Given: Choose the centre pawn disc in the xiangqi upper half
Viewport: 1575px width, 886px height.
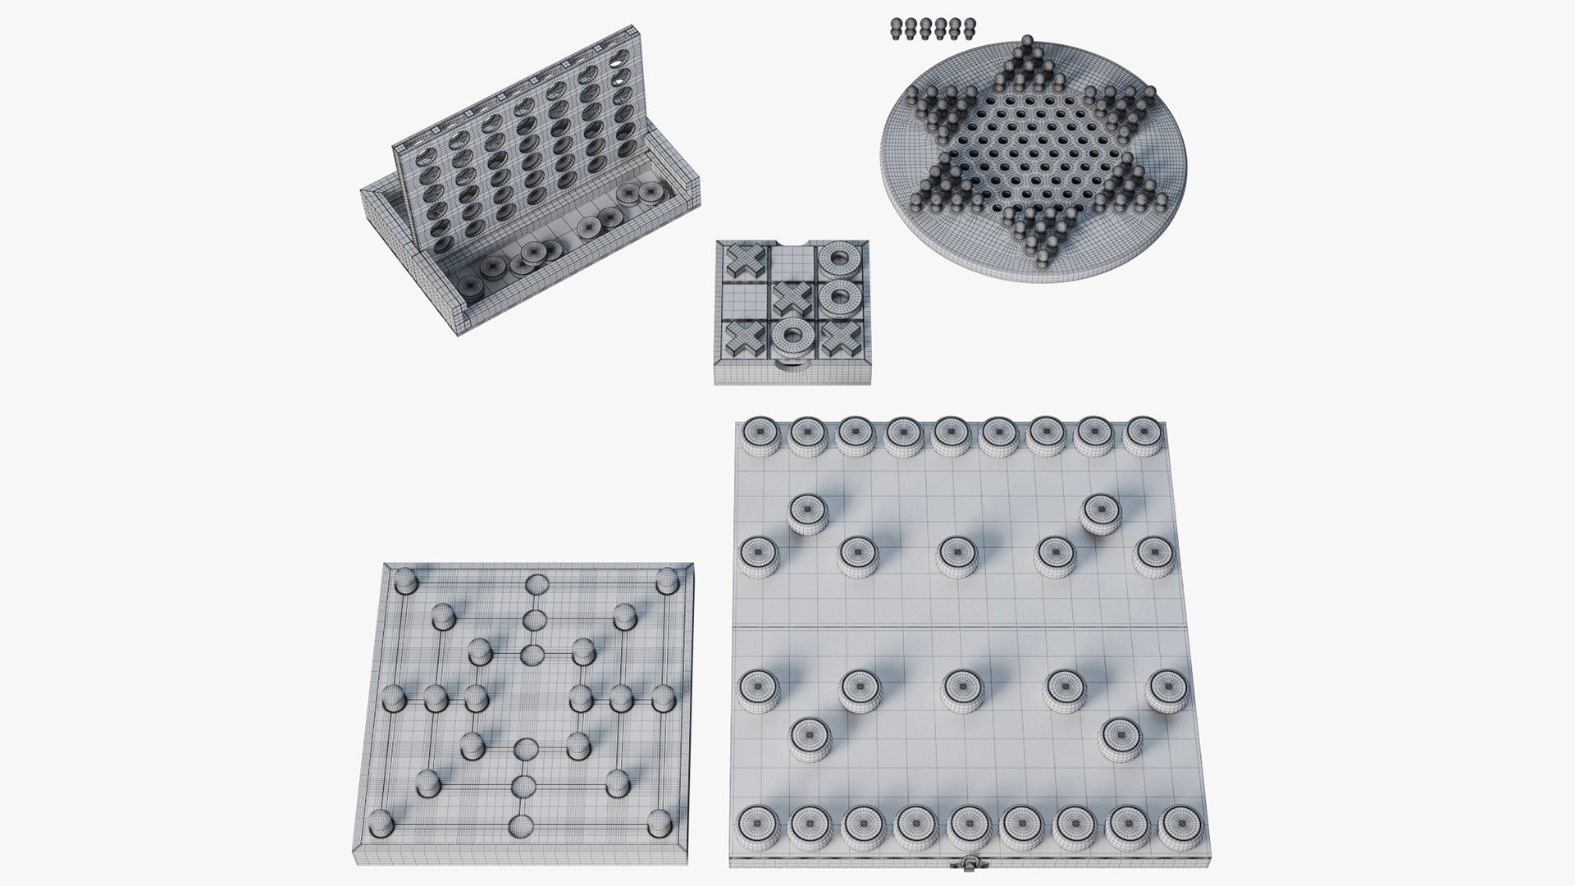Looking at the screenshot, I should tap(955, 555).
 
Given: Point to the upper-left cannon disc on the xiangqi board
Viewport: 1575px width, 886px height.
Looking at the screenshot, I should tap(808, 512).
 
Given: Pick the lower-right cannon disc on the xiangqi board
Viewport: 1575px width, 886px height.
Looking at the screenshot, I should tap(1120, 737).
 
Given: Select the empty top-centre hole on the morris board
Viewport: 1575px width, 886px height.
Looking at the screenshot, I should tap(537, 585).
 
